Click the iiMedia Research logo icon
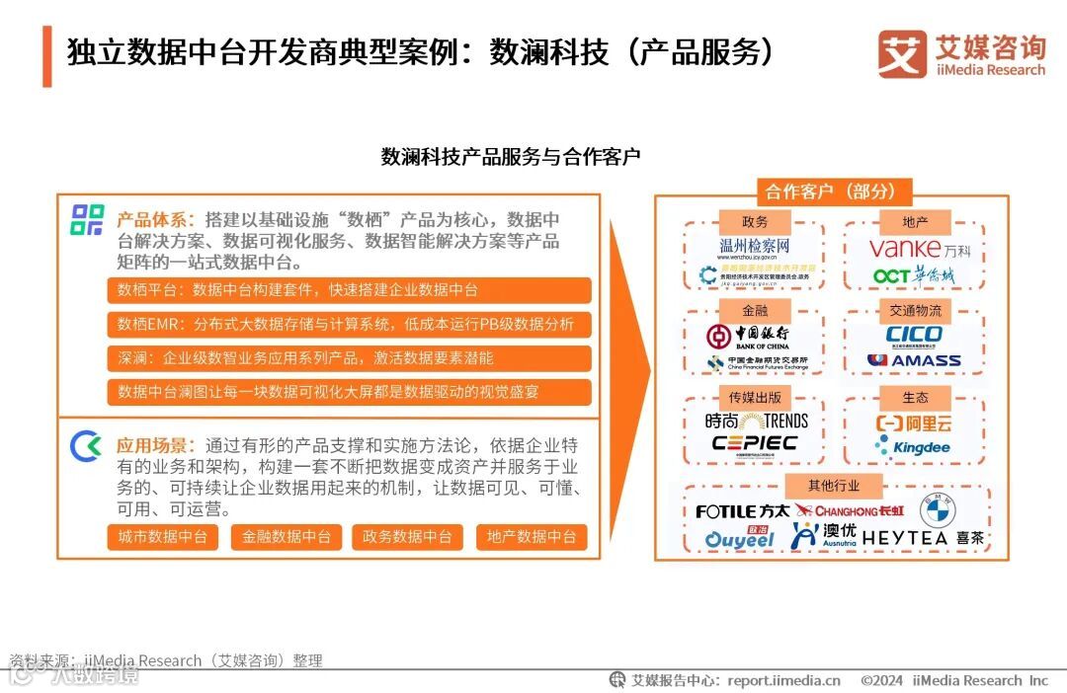(901, 54)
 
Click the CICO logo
(914, 335)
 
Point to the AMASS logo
(914, 360)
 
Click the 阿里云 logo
(914, 423)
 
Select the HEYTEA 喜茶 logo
(924, 539)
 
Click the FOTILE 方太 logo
(742, 511)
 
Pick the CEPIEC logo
(755, 443)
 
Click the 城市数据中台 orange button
(162, 537)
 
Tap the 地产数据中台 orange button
(532, 537)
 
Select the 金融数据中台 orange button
(286, 537)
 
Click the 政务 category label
(755, 222)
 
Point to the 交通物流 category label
(915, 310)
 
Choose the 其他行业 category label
(833, 485)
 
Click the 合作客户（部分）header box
(831, 192)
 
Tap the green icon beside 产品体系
(87, 220)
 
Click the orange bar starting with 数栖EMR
(349, 324)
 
